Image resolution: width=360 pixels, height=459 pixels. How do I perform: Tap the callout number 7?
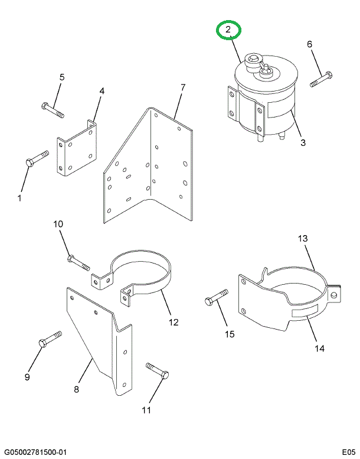click(182, 87)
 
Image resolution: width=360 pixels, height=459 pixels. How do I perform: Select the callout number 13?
click(303, 239)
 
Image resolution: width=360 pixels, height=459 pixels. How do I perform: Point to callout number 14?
click(319, 349)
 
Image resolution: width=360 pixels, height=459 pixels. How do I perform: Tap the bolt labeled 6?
click(321, 78)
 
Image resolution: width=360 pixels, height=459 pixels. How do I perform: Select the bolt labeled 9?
click(50, 340)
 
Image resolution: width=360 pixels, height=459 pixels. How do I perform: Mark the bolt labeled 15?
click(216, 298)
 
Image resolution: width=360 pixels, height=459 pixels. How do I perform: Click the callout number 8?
click(76, 389)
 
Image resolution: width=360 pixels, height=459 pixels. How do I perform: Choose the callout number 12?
click(174, 322)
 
